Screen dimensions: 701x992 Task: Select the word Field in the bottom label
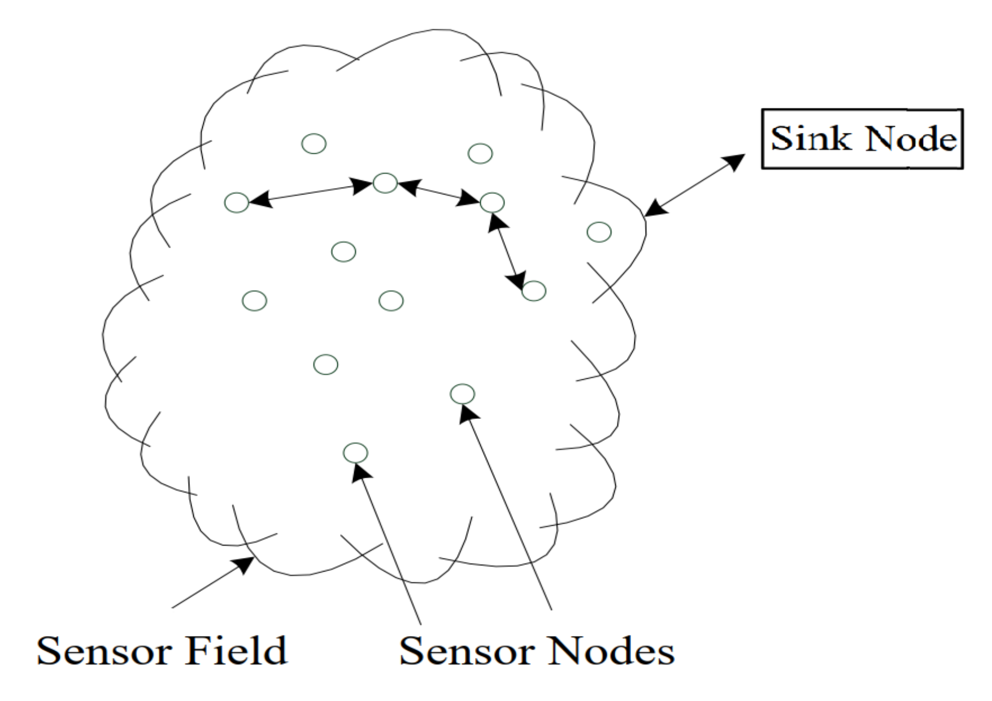[x=235, y=651]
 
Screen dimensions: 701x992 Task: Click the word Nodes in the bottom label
[x=613, y=651]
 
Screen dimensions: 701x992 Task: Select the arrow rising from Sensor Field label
[x=212, y=583]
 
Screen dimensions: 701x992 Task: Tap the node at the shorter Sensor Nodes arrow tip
[x=355, y=452]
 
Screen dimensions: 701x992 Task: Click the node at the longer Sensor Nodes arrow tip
[x=463, y=393]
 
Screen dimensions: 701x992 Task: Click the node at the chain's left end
[x=237, y=202]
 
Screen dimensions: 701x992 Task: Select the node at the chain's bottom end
[x=534, y=291]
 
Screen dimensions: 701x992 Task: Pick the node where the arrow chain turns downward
[x=492, y=202]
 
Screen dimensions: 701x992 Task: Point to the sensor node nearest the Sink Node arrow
[x=599, y=232]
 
